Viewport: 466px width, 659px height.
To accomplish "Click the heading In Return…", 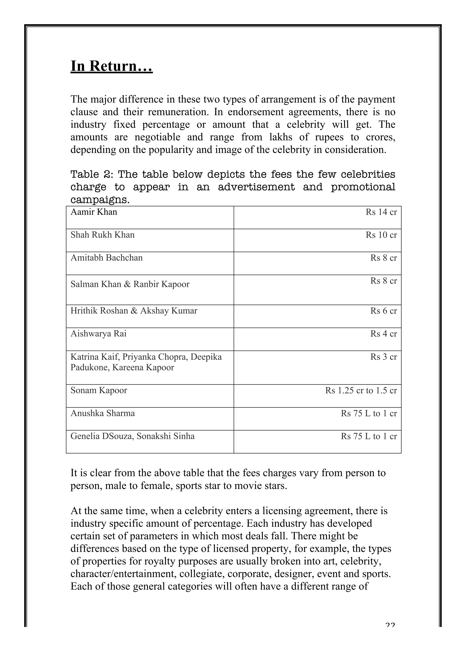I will point(111,66).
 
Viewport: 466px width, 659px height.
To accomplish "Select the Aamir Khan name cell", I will point(94,212).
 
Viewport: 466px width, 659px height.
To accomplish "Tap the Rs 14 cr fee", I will point(381,212).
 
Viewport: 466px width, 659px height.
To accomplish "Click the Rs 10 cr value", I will point(381,235).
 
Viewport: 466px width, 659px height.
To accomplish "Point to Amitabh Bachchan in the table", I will point(106,258).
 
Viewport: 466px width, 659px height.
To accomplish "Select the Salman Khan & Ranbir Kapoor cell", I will point(130,284).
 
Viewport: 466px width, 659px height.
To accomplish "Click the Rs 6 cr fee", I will point(383,311).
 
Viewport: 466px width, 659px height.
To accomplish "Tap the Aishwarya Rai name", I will point(99,334).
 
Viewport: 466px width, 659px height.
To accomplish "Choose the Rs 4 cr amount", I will point(383,334).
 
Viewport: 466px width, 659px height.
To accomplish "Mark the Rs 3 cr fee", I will point(383,357).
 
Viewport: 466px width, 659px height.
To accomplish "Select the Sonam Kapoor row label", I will point(99,390).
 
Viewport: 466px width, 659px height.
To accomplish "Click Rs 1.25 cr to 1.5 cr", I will point(361,391).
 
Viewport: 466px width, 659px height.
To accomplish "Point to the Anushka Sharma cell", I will point(102,413).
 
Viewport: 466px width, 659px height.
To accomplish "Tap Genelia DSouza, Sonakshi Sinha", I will point(132,436).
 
